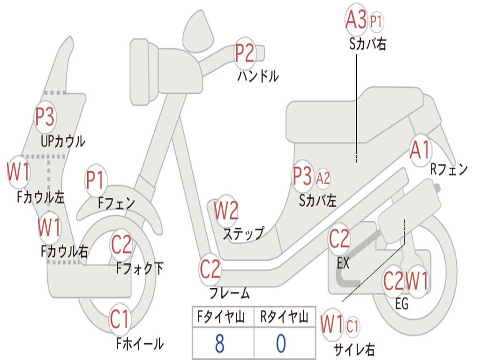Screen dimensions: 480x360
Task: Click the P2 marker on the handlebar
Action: [245, 53]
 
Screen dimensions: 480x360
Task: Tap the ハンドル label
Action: [258, 75]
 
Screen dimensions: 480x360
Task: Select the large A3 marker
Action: [356, 20]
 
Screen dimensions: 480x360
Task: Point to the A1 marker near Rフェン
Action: [420, 150]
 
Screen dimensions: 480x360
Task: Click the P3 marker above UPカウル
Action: [45, 117]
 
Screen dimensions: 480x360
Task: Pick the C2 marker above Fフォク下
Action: [121, 244]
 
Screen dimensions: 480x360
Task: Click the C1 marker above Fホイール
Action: [120, 320]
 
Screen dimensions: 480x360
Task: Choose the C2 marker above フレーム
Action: [210, 270]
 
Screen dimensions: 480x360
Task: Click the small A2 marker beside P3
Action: [323, 178]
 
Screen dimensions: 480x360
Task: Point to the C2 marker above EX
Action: [339, 240]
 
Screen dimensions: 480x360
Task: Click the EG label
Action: [402, 304]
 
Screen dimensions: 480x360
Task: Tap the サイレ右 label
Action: [354, 349]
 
